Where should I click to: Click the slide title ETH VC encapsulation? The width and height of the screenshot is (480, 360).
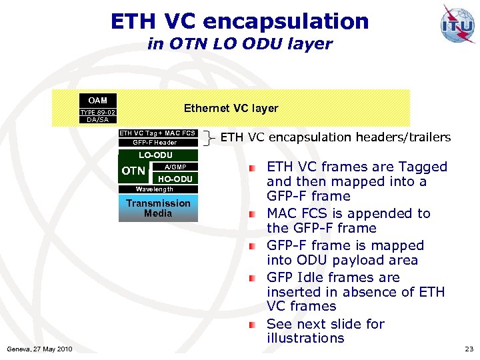pyautogui.click(x=240, y=21)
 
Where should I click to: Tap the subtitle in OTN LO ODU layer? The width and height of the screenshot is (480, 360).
pyautogui.click(x=240, y=44)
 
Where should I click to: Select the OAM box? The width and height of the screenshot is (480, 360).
pyautogui.click(x=98, y=101)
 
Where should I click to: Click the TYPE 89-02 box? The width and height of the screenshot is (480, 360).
pyautogui.click(x=98, y=113)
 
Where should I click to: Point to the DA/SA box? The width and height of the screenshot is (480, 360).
pyautogui.click(x=98, y=120)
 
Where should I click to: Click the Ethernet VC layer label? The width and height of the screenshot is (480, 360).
pyautogui.click(x=231, y=108)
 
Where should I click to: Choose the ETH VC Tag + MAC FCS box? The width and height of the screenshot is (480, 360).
pyautogui.click(x=157, y=133)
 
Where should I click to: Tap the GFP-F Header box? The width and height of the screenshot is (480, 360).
pyautogui.click(x=155, y=143)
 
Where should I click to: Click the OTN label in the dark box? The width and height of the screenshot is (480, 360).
pyautogui.click(x=134, y=171)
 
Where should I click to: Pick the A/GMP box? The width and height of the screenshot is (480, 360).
pyautogui.click(x=175, y=167)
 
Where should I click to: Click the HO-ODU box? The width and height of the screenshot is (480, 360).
pyautogui.click(x=175, y=179)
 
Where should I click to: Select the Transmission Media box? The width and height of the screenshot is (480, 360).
pyautogui.click(x=158, y=208)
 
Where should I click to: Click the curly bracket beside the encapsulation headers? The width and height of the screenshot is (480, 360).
pyautogui.click(x=210, y=138)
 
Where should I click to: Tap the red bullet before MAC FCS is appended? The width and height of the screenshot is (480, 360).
pyautogui.click(x=253, y=215)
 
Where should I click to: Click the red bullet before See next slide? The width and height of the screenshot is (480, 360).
pyautogui.click(x=253, y=325)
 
